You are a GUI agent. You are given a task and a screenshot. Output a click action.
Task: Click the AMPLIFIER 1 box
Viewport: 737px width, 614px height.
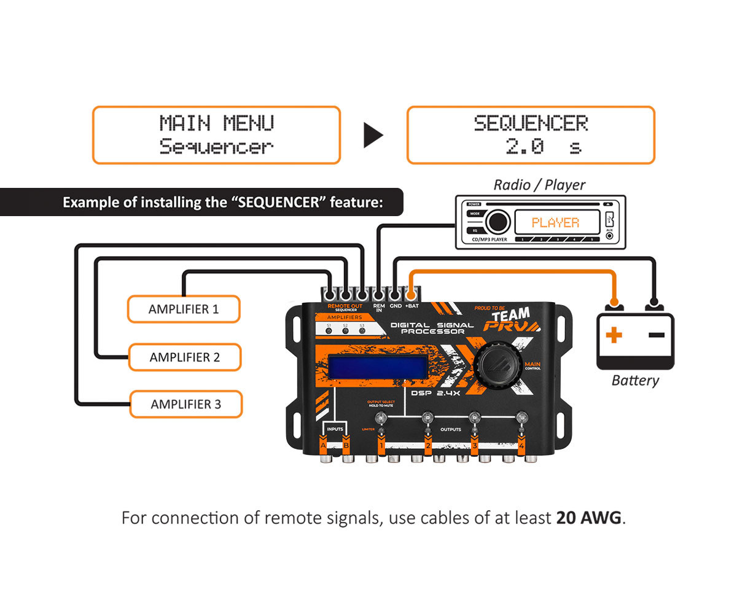tap(183, 309)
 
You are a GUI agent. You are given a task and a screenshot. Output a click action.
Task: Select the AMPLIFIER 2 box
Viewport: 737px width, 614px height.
tap(184, 357)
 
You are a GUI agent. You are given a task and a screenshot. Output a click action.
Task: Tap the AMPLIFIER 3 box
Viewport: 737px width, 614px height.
tap(185, 405)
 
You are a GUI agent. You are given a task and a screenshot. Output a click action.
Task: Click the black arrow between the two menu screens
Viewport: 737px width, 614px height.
tap(373, 136)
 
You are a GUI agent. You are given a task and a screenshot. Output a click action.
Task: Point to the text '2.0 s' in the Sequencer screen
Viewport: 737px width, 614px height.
tap(543, 147)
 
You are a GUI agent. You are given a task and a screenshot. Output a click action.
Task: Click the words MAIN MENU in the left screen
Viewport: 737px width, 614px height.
tap(216, 123)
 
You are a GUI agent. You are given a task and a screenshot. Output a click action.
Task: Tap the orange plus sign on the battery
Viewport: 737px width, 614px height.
tap(614, 335)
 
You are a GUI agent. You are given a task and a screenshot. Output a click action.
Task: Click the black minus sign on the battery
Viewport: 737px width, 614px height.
tap(656, 335)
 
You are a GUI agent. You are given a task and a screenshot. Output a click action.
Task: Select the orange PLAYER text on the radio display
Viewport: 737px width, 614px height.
tap(555, 222)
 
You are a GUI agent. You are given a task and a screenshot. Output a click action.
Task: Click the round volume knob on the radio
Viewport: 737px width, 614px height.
tap(497, 222)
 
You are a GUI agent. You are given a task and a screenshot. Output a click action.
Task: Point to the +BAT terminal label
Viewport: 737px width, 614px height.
tap(411, 305)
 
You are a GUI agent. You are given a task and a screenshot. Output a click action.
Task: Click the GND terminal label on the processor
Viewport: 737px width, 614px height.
tap(396, 305)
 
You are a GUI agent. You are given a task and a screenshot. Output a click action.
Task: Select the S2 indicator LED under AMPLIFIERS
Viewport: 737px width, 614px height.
tap(345, 330)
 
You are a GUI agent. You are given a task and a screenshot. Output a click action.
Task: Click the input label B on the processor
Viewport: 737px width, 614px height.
tap(346, 445)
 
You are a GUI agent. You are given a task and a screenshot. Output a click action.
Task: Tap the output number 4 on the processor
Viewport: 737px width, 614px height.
tap(521, 446)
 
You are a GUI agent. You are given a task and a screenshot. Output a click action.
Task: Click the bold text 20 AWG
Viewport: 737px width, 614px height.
tap(589, 518)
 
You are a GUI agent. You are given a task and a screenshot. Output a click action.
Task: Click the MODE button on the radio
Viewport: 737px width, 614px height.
tap(475, 214)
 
